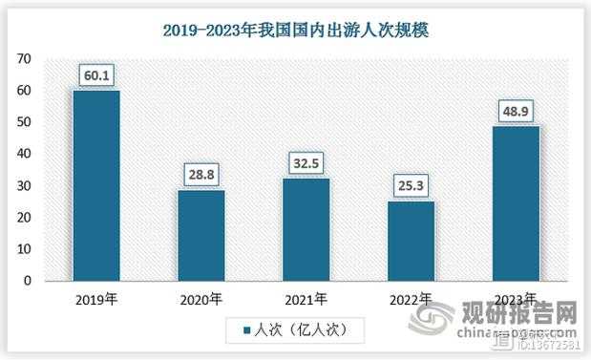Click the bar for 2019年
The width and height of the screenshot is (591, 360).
pos(96,185)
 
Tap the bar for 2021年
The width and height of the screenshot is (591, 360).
pos(306,229)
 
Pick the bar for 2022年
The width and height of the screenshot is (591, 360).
pos(411,241)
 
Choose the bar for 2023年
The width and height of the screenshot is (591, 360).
pos(516,202)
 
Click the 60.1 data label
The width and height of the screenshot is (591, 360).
pos(96,74)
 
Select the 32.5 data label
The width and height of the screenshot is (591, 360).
pos(306,161)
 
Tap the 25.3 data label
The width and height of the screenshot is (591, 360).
pos(411,184)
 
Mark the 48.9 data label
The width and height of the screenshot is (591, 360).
pos(516,110)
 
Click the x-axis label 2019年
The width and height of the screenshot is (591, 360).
pos(96,298)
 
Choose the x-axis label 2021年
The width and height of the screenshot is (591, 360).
pos(306,298)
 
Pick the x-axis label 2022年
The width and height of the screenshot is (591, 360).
pos(411,298)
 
